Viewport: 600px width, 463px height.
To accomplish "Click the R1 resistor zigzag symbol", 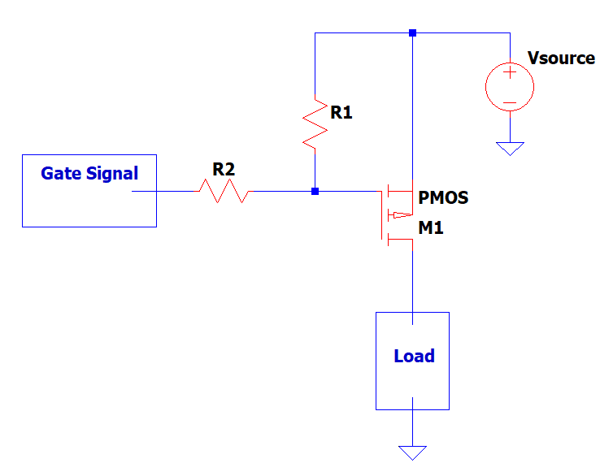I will pos(314,123).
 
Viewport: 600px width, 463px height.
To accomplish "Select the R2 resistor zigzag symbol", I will pos(224,192).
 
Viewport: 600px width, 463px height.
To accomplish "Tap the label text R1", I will pos(341,113).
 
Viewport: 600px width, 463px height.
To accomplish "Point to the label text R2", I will pos(224,169).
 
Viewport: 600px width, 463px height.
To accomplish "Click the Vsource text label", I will pos(560,58).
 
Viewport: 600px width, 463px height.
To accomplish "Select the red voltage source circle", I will pos(510,86).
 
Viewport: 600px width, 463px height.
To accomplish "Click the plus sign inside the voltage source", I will pos(510,73).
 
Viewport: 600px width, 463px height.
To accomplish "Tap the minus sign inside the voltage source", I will pos(510,102).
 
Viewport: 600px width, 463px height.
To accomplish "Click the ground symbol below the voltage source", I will pos(510,149).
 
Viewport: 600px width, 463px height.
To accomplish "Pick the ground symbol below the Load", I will pos(412,452).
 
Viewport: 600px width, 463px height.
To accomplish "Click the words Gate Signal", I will pos(89,173).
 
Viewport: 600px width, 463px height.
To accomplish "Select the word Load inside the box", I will pos(414,356).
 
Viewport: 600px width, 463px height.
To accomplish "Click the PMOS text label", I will pos(443,198).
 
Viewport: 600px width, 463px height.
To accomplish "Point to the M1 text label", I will pos(431,229).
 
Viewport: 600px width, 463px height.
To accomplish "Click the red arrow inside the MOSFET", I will pos(399,215).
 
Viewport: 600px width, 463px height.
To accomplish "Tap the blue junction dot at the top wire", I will pos(412,33).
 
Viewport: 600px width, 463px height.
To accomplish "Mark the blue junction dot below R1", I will pos(315,192).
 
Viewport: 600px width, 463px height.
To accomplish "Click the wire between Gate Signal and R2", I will pos(167,192).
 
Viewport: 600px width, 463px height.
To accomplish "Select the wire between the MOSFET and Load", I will pos(412,276).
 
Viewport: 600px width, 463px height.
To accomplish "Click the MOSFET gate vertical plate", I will pos(380,215).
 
